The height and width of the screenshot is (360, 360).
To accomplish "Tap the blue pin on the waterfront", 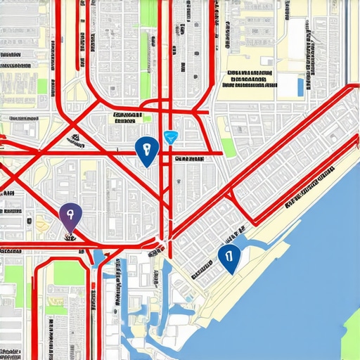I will pyautogui.click(x=226, y=257).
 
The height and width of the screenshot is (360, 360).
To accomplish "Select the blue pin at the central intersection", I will pyautogui.click(x=146, y=151).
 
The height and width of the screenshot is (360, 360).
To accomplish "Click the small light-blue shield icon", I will pyautogui.click(x=169, y=137).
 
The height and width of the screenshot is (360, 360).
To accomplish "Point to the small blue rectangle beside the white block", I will pyautogui.click(x=300, y=87).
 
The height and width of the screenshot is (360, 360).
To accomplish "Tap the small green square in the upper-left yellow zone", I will pyautogui.click(x=42, y=86).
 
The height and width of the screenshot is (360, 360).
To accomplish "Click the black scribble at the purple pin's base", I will pyautogui.click(x=71, y=236).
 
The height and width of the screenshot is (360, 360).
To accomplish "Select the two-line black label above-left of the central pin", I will pyautogui.click(x=125, y=117).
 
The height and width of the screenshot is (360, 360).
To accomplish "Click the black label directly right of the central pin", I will pyautogui.click(x=189, y=159).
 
